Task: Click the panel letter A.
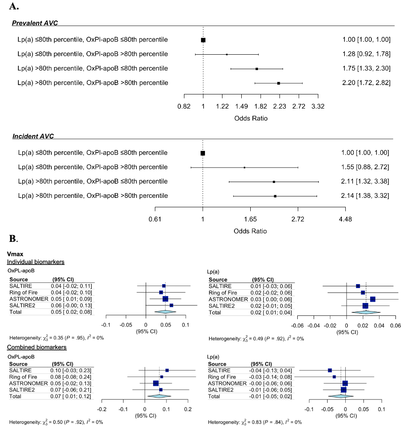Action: click(13, 6)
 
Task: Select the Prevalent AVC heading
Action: click(35, 23)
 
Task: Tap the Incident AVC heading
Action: click(33, 136)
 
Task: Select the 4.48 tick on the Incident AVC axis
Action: click(345, 219)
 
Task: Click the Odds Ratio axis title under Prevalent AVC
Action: click(250, 118)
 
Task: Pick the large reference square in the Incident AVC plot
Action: click(203, 153)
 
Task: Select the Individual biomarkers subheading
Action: click(36, 262)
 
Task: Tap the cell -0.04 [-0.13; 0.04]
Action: click(271, 370)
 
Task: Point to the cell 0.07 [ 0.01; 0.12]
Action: click(72, 396)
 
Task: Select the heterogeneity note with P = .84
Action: click(255, 423)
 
